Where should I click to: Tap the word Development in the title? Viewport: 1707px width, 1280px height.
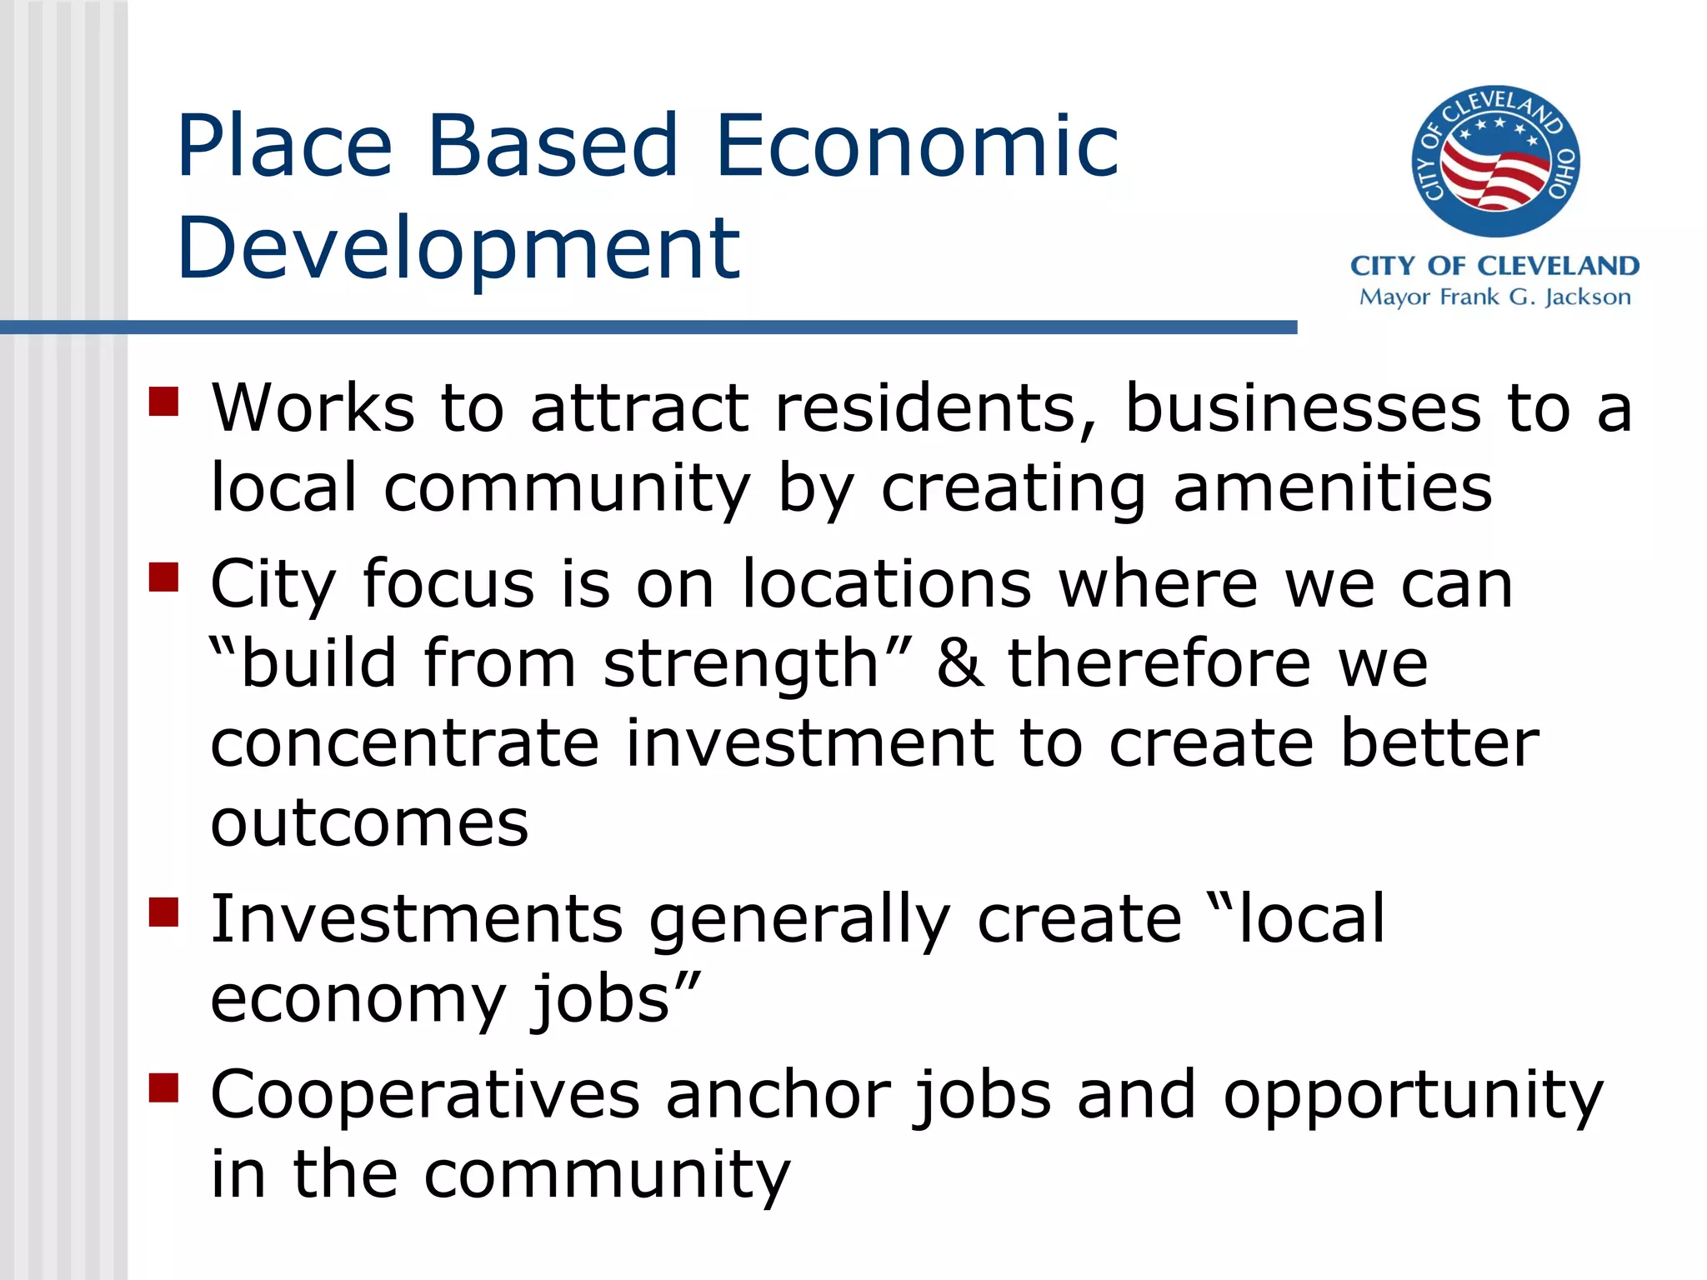458,247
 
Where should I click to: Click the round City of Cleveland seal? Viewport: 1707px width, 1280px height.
1495,161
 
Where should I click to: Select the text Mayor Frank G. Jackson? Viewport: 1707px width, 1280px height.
1494,297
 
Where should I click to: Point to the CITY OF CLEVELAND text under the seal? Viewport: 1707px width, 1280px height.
1494,266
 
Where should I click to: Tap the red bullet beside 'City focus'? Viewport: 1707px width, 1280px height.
164,577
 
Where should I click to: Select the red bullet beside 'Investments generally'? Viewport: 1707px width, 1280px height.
164,912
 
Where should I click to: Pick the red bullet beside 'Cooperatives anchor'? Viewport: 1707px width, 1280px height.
164,1087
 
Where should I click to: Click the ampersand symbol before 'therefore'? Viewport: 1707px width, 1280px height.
960,663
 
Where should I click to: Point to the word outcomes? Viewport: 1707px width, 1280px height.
369,823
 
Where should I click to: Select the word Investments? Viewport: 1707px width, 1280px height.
416,918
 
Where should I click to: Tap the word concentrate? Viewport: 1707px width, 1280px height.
404,743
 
